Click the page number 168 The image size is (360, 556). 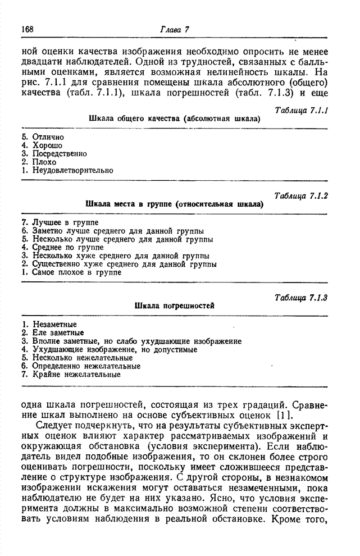(x=28, y=29)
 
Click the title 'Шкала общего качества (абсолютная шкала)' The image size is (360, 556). (x=175, y=119)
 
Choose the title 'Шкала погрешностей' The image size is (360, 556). (x=175, y=306)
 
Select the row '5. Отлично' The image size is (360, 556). (x=43, y=137)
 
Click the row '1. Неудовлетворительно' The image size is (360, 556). (x=67, y=170)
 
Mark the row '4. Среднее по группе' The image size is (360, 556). (x=63, y=247)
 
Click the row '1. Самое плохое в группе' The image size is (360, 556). (x=71, y=272)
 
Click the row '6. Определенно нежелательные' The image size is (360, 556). (x=80, y=366)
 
